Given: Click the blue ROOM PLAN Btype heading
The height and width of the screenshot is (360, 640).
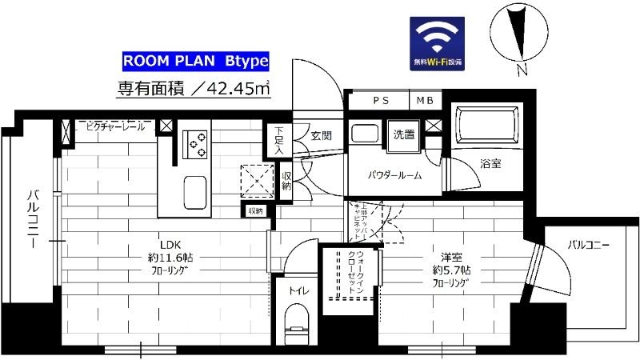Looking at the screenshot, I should (195, 61).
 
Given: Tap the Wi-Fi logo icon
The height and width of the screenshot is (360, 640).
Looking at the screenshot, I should (440, 42).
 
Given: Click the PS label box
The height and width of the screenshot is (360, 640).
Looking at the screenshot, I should (378, 101).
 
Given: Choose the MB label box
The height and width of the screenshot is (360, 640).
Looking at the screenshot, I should (421, 101).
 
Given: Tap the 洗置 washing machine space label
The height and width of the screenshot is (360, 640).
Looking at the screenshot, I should (404, 134).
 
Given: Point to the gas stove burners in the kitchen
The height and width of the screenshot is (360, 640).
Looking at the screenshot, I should (194, 144).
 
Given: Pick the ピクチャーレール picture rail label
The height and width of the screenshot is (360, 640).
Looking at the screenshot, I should (112, 126).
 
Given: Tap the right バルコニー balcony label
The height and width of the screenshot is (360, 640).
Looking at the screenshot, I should (589, 243).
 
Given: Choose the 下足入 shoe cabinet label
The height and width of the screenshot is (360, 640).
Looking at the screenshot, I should (278, 139).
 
